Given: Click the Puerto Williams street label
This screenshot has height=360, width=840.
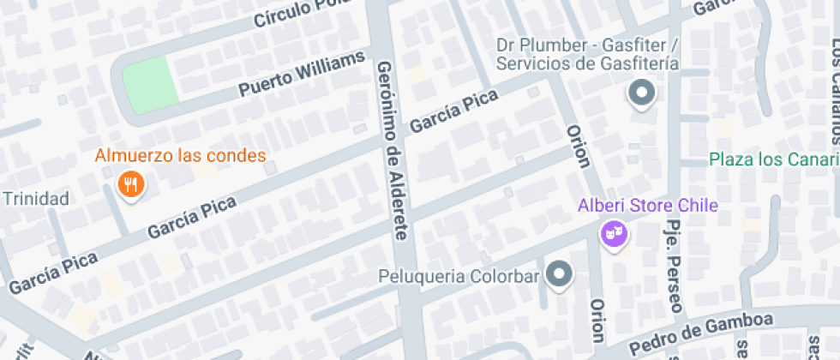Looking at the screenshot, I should pyautogui.click(x=302, y=75).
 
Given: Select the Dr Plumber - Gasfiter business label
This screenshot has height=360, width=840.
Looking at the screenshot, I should pyautogui.click(x=588, y=53).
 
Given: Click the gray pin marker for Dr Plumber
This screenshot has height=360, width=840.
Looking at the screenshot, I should pyautogui.click(x=641, y=93).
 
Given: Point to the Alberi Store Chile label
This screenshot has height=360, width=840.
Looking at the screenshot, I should pyautogui.click(x=647, y=206).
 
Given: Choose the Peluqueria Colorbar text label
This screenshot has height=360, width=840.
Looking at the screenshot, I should pyautogui.click(x=459, y=277).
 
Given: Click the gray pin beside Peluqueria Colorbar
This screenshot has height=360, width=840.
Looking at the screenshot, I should pyautogui.click(x=560, y=273).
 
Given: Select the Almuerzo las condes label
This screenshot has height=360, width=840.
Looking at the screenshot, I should pyautogui.click(x=180, y=156).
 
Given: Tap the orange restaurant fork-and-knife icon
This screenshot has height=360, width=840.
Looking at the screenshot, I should pyautogui.click(x=129, y=183).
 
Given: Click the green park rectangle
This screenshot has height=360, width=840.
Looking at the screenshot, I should pyautogui.click(x=151, y=82).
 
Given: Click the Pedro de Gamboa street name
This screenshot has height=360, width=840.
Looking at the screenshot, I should pyautogui.click(x=700, y=335).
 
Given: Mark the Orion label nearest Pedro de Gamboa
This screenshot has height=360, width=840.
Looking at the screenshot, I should pyautogui.click(x=598, y=321).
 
